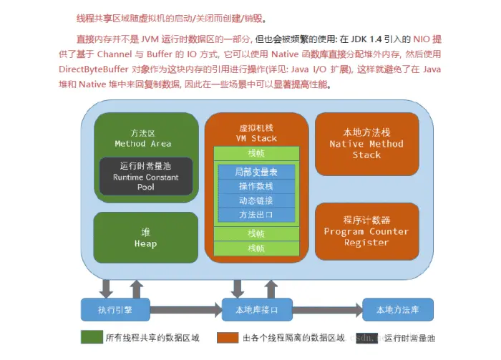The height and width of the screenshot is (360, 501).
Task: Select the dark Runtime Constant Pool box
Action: click(x=146, y=177)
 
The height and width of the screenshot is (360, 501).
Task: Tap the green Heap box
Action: click(x=145, y=238)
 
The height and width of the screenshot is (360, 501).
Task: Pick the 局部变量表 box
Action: click(x=256, y=172)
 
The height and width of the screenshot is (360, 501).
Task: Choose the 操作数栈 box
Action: click(x=256, y=186)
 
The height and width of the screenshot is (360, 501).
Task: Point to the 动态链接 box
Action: click(x=256, y=200)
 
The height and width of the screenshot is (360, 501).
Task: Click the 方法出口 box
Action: click(x=256, y=214)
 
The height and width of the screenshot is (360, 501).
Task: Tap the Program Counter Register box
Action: click(x=366, y=231)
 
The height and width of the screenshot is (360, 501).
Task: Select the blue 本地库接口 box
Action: click(x=256, y=311)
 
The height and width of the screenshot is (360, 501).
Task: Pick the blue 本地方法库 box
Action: click(x=397, y=311)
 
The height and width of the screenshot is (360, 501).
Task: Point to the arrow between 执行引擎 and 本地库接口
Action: click(x=186, y=311)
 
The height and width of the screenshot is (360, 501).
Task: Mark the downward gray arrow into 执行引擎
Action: click(x=106, y=288)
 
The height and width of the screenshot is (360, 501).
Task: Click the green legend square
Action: click(x=90, y=338)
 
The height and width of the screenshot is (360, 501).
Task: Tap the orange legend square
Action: click(x=228, y=338)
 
